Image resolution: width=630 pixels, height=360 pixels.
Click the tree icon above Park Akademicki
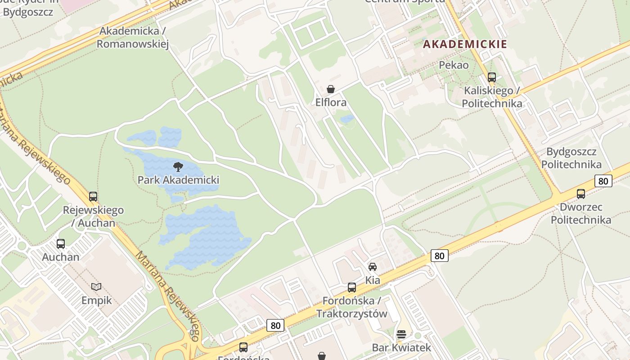point(178,167)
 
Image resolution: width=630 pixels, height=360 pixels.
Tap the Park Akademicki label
point(178,180)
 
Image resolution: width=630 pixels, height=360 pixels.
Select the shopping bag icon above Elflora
point(331,89)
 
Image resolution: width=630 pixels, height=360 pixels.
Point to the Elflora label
point(331,103)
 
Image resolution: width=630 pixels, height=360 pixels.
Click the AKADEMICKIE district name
point(465,44)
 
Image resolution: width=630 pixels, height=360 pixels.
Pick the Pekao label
point(454,65)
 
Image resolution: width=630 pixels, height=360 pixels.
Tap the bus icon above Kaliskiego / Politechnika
point(492,77)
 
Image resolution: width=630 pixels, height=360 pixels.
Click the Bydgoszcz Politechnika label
point(571,158)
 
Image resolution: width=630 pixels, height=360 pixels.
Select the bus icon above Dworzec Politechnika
point(581,194)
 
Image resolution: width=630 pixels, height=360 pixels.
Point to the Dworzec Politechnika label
point(581,214)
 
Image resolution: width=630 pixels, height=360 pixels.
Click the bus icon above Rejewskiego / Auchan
point(93,197)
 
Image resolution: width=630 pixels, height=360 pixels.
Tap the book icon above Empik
point(96,287)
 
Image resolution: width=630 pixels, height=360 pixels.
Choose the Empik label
point(96,300)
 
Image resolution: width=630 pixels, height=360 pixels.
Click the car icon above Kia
point(373,267)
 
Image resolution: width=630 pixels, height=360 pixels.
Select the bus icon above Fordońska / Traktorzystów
point(352,287)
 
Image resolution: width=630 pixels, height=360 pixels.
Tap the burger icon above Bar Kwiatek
point(401,334)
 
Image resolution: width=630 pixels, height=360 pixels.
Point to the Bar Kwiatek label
point(401,348)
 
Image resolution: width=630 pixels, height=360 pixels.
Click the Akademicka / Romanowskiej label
point(132,37)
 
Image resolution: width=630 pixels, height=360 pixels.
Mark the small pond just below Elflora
point(347,119)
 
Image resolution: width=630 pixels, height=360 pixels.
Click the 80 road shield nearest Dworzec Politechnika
point(603,181)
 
